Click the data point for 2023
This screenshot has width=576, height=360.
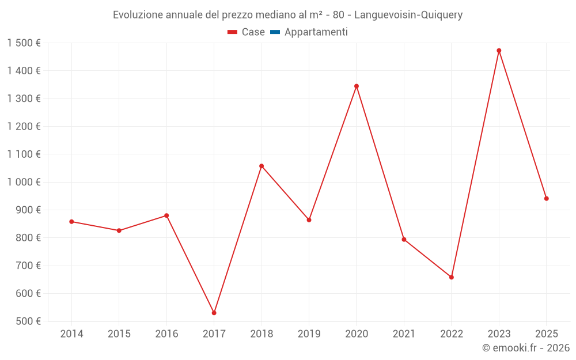(499, 51)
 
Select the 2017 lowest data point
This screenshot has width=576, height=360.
(214, 313)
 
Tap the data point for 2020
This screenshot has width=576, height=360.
(357, 86)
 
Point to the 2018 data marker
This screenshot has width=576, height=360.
(262, 166)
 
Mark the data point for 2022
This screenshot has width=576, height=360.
(452, 277)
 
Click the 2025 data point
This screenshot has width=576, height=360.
(546, 199)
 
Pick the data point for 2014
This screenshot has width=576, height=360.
(71, 222)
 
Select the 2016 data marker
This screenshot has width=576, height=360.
(166, 215)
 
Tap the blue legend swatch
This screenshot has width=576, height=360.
(275, 32)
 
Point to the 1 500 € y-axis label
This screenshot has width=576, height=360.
(24, 43)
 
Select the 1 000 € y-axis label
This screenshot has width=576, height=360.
(24, 182)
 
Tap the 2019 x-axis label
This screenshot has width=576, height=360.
(309, 334)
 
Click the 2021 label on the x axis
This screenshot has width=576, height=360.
(404, 334)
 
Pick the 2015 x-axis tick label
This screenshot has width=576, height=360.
(119, 334)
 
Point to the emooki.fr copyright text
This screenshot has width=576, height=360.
(526, 348)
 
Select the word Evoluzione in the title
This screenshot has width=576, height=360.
(138, 15)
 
